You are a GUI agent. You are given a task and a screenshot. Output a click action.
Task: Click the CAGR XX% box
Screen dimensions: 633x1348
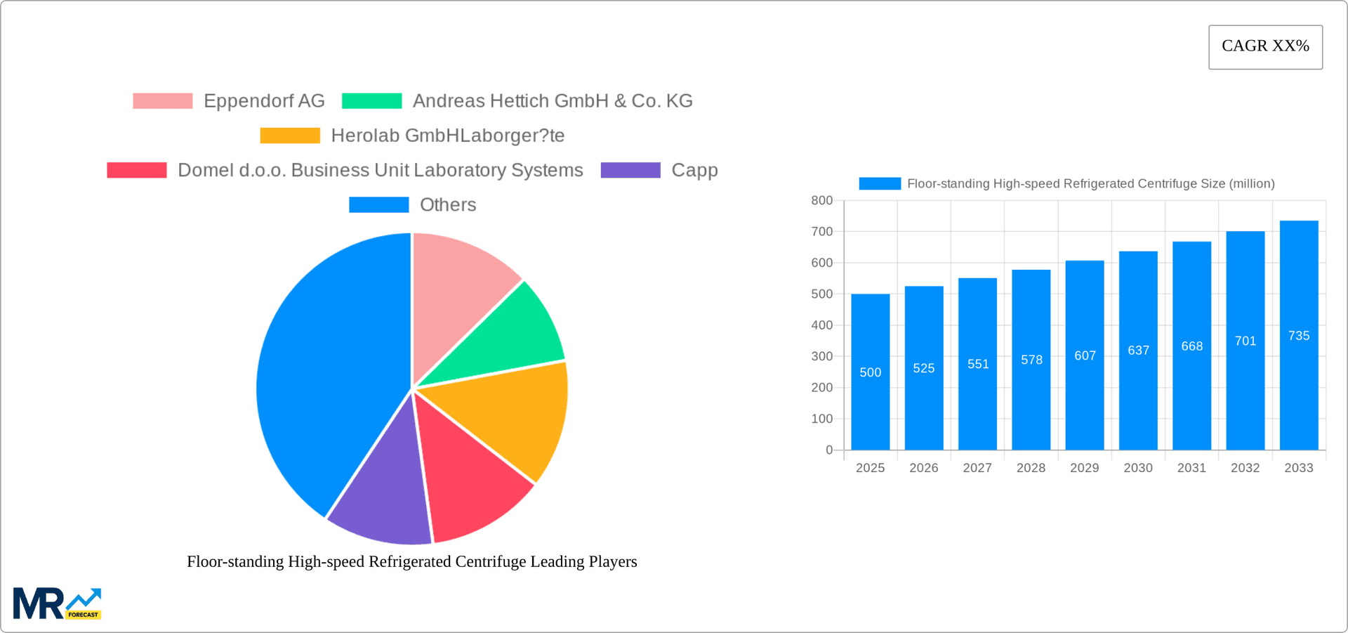pyautogui.click(x=1265, y=46)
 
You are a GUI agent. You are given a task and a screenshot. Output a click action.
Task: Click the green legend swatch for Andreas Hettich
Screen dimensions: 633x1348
pyautogui.click(x=371, y=101)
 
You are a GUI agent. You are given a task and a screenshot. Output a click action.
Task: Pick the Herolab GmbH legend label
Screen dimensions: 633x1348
pyautogui.click(x=447, y=136)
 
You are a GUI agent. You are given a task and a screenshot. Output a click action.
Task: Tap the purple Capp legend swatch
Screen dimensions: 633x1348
pyautogui.click(x=630, y=170)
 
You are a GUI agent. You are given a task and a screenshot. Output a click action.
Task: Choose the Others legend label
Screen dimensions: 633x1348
pyautogui.click(x=447, y=204)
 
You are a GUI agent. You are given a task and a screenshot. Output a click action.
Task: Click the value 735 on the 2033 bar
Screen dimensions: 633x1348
pyautogui.click(x=1298, y=336)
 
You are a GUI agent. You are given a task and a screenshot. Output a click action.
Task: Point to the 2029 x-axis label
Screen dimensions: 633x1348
pyautogui.click(x=1084, y=468)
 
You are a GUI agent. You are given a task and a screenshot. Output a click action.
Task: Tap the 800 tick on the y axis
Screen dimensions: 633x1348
pyautogui.click(x=821, y=201)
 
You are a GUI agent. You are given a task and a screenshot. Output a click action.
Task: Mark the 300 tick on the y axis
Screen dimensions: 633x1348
pyautogui.click(x=821, y=356)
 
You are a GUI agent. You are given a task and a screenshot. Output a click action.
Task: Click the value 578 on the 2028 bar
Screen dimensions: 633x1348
pyautogui.click(x=1031, y=360)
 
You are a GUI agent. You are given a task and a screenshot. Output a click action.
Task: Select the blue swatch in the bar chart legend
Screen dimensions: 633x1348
pyautogui.click(x=880, y=183)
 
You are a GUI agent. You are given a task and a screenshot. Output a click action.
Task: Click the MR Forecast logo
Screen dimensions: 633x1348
pyautogui.click(x=57, y=604)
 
